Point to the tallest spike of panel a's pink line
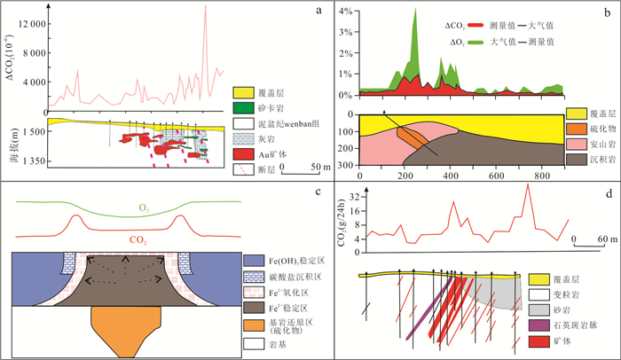[206, 7]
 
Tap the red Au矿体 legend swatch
[243, 153]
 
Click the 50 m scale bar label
[296, 168]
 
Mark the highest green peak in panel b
[415, 10]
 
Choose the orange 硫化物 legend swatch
[575, 129]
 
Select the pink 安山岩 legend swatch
[575, 144]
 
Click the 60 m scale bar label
[607, 239]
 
